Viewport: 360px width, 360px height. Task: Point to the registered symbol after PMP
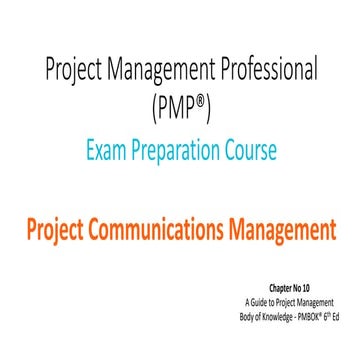pyautogui.click(x=204, y=99)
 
